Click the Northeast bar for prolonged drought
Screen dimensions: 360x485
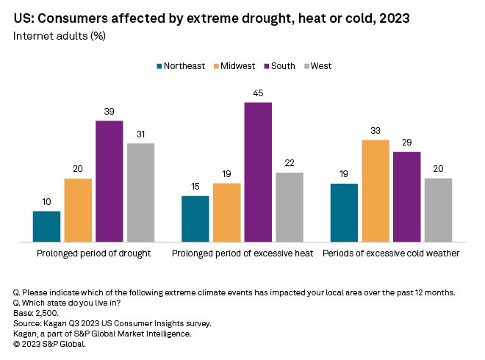[46, 226]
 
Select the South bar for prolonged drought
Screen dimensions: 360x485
[109, 181]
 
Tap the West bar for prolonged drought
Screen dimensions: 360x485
[140, 192]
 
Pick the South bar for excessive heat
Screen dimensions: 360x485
[258, 172]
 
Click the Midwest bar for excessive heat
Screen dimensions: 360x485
[226, 212]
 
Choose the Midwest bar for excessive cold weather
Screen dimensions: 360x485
[376, 190]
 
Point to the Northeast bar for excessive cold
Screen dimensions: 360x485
[344, 212]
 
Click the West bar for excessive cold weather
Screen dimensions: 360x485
[438, 210]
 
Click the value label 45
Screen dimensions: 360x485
[258, 93]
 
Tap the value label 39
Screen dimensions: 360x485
[109, 112]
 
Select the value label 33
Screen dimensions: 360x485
[376, 131]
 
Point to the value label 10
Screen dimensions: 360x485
[46, 202]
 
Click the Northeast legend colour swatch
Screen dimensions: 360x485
[159, 66]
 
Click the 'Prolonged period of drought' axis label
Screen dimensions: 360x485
[93, 253]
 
